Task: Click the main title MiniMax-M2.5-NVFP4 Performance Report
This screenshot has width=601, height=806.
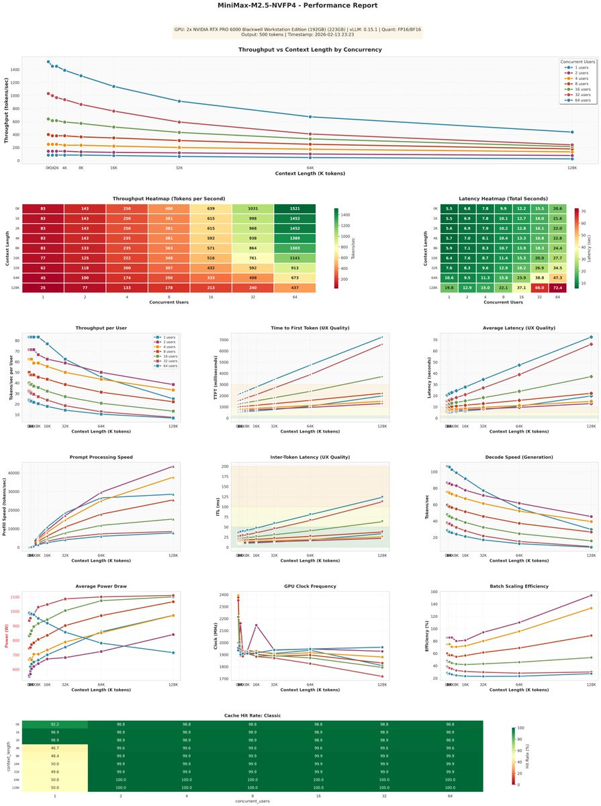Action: click(297, 5)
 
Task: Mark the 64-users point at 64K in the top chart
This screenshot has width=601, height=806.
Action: click(310, 117)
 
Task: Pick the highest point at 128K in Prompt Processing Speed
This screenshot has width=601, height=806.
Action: click(173, 466)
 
